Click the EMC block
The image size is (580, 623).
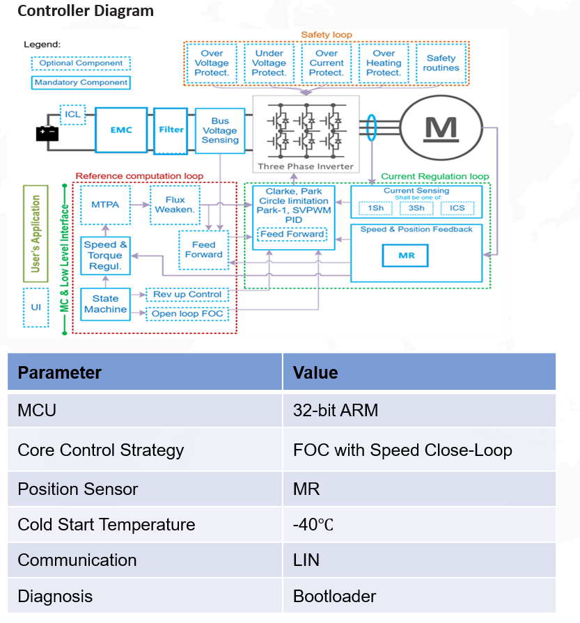click(x=121, y=130)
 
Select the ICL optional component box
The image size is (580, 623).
click(x=72, y=114)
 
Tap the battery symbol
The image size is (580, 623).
click(x=47, y=134)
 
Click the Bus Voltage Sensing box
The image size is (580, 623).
click(x=220, y=130)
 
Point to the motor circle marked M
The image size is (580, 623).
click(x=441, y=128)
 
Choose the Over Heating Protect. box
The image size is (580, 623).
click(x=384, y=63)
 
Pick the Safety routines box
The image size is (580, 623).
click(x=441, y=63)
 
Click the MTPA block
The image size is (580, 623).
click(x=105, y=205)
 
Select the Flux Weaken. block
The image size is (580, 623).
click(x=175, y=205)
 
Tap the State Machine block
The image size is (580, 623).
click(x=105, y=304)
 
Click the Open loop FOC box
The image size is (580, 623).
click(x=187, y=314)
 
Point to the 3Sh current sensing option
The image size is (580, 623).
click(x=416, y=208)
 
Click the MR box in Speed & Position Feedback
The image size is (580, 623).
click(x=405, y=255)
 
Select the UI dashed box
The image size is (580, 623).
click(x=36, y=308)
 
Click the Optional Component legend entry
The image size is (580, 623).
click(x=81, y=63)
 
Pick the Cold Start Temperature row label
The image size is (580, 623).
click(x=106, y=524)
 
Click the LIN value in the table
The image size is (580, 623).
click(x=306, y=560)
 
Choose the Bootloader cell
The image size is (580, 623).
click(x=419, y=596)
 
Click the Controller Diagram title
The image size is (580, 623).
click(x=86, y=10)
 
